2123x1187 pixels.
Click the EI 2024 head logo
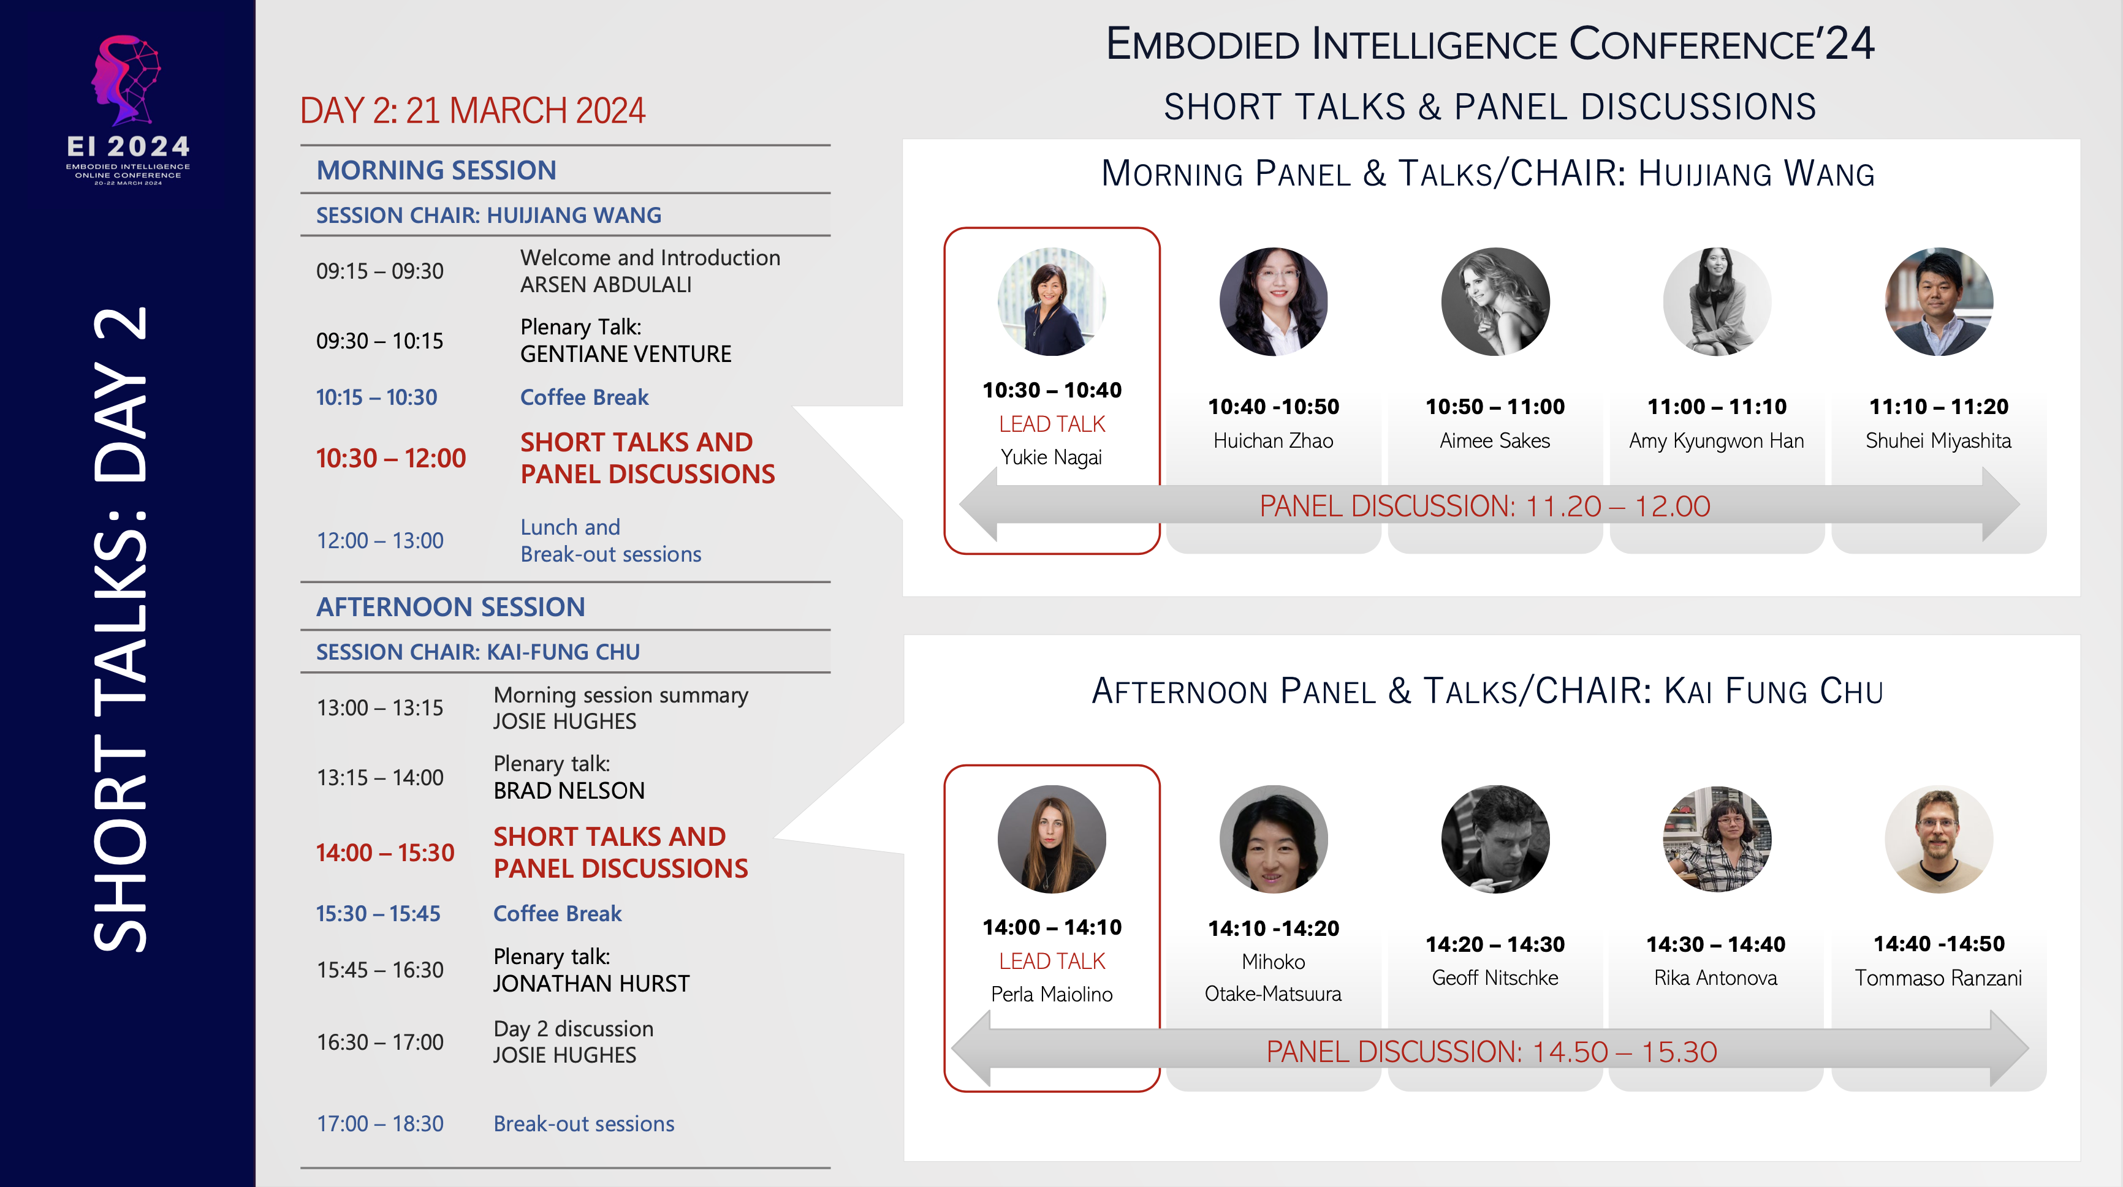(x=126, y=79)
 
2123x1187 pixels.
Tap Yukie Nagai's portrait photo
(x=1052, y=301)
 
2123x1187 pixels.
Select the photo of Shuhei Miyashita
(x=1939, y=301)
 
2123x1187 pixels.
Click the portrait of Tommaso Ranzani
(x=1939, y=838)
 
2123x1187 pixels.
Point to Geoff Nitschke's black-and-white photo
(x=1495, y=838)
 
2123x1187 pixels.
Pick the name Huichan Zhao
(x=1274, y=441)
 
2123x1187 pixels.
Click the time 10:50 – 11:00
(x=1495, y=406)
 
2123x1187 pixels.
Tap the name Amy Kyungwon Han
(x=1717, y=441)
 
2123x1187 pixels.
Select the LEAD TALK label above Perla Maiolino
(x=1052, y=960)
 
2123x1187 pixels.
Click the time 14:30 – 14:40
(x=1716, y=944)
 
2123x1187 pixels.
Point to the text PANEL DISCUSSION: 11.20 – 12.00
(x=1485, y=506)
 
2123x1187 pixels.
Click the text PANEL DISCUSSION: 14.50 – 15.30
(x=1492, y=1051)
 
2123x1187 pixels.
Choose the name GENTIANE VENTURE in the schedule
(x=626, y=354)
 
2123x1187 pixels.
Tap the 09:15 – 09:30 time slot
(x=380, y=271)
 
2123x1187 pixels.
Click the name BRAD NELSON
(x=569, y=791)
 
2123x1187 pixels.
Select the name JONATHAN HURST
(x=591, y=984)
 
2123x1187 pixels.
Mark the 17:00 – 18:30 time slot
(x=380, y=1123)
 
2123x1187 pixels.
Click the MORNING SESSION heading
(x=436, y=170)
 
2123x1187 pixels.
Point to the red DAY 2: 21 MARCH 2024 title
(x=473, y=110)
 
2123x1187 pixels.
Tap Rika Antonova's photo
(x=1717, y=838)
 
